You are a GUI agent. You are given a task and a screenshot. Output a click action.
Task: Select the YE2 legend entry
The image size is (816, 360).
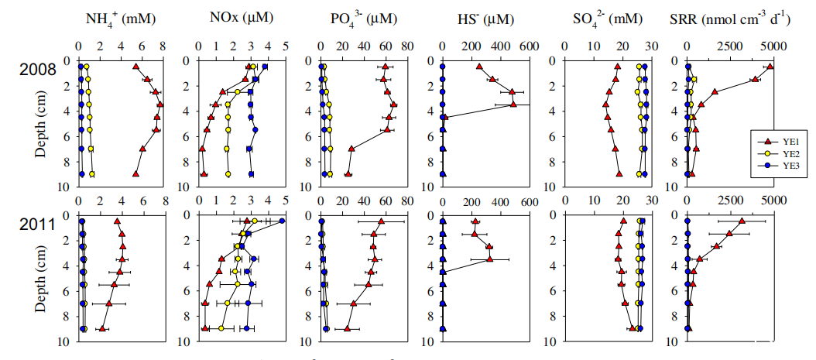pos(778,154)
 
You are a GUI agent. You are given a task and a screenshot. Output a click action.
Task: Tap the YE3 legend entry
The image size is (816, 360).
pos(778,165)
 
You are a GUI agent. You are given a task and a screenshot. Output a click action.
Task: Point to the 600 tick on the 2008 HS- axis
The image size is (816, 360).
pos(530,47)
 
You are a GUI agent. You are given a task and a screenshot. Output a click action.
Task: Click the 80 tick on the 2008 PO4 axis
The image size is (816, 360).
pos(407,47)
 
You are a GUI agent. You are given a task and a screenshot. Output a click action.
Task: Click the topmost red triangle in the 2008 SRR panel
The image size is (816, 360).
pos(770,67)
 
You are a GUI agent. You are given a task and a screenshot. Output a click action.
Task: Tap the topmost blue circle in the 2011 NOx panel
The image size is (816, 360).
pos(282,221)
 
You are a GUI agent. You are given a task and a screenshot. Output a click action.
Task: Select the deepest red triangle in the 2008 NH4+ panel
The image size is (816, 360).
pos(136,174)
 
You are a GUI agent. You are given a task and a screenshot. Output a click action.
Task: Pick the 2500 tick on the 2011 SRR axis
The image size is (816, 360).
pos(730,204)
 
